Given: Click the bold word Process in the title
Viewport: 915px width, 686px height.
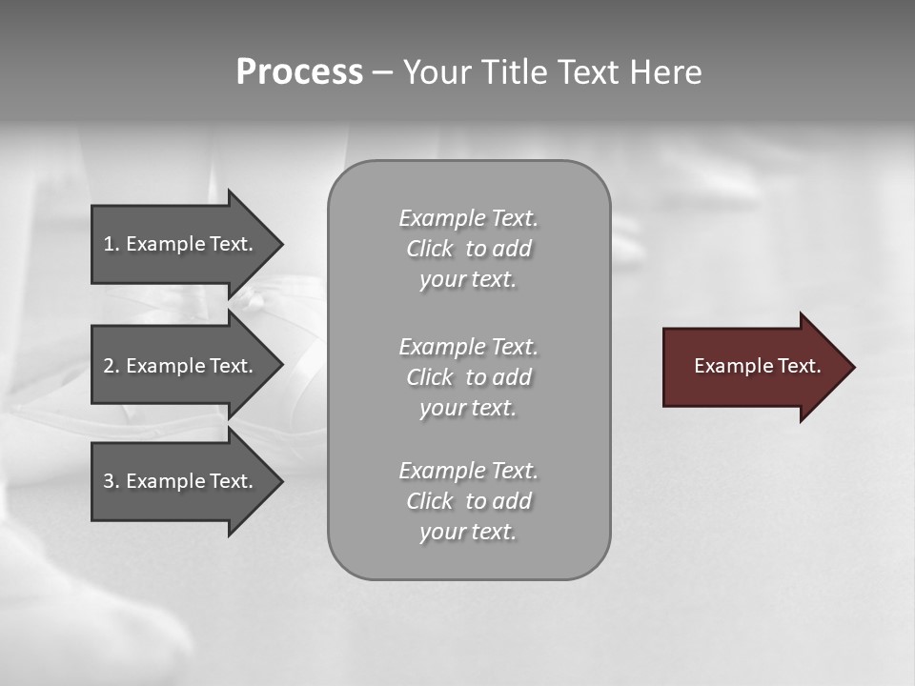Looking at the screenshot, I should pos(299,72).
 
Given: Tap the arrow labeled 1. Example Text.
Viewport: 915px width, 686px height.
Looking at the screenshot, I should pos(177,244).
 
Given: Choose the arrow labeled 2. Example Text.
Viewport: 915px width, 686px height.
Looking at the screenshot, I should pos(177,366).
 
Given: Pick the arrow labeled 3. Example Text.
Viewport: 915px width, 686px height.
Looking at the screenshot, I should pos(177,481).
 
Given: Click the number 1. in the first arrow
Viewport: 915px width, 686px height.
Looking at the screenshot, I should pos(111,244).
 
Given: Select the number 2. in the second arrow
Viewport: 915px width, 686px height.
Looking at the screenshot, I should pos(111,366).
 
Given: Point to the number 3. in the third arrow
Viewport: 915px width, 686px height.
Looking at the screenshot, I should pos(111,481).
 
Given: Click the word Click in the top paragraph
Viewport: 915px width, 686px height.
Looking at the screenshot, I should pos(430,249).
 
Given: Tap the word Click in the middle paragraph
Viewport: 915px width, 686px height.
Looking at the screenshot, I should pos(430,377).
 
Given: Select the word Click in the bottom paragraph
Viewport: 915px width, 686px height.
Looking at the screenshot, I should pos(430,501).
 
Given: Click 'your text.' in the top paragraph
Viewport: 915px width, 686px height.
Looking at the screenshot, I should pos(468,279).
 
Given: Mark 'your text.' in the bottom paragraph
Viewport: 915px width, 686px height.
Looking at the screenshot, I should pos(468,532).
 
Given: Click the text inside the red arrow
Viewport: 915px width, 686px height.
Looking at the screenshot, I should pos(757,366).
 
